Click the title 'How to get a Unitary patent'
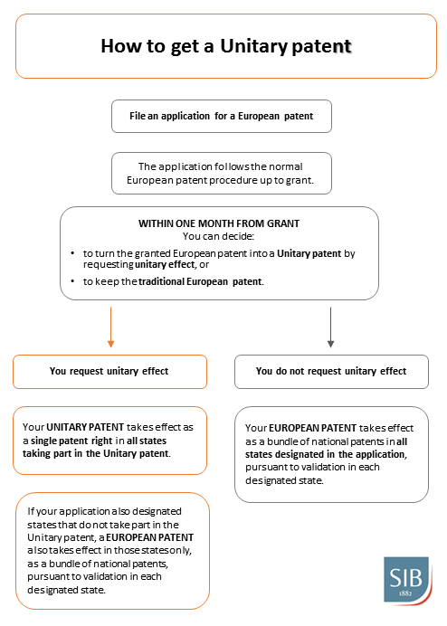tap(225, 46)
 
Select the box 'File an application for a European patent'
tap(221, 117)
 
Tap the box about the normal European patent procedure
tap(221, 173)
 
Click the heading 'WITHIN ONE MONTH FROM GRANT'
tap(218, 223)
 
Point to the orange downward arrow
tap(110, 327)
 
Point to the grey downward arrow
tap(330, 327)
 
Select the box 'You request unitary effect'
tap(109, 371)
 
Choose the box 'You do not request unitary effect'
tap(330, 371)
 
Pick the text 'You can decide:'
tap(218, 235)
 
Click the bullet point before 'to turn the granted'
tap(71, 253)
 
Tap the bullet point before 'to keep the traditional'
tap(71, 282)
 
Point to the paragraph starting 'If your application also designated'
tap(110, 555)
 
